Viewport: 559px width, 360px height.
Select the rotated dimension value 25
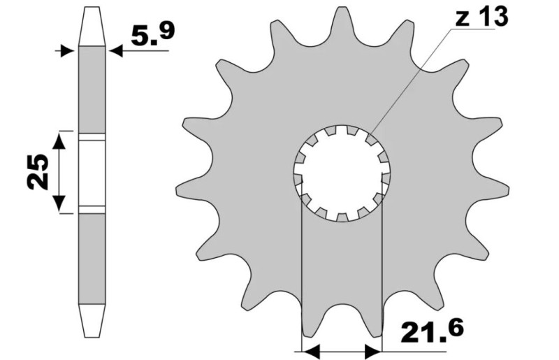tap(38, 172)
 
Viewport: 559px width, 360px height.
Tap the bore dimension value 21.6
tap(433, 332)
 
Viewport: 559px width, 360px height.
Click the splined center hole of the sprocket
tap(342, 171)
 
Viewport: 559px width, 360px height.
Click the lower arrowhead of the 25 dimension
tap(61, 206)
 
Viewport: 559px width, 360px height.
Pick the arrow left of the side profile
tap(67, 50)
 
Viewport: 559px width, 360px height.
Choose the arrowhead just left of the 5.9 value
tap(116, 50)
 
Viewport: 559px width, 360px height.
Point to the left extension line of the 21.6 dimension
tap(300, 280)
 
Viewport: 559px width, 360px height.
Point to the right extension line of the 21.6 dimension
tap(382, 280)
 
